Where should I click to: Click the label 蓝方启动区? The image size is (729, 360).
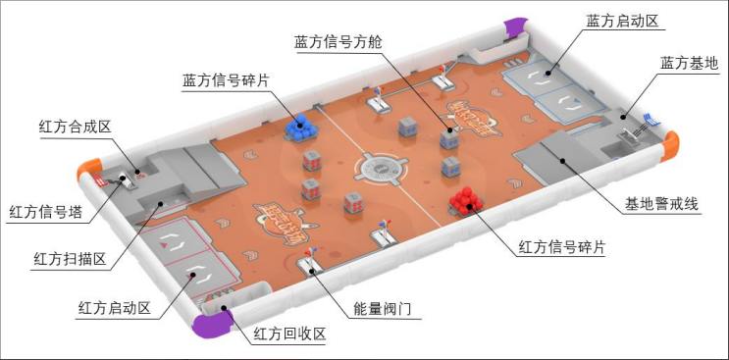pyautogui.click(x=627, y=21)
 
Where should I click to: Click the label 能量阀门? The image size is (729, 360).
pyautogui.click(x=386, y=309)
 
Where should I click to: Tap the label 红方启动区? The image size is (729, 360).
pyautogui.click(x=114, y=308)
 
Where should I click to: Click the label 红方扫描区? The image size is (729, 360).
pyautogui.click(x=70, y=259)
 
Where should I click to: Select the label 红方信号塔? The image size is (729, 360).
pyautogui.click(x=46, y=210)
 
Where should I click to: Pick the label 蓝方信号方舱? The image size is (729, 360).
pyautogui.click(x=339, y=42)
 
